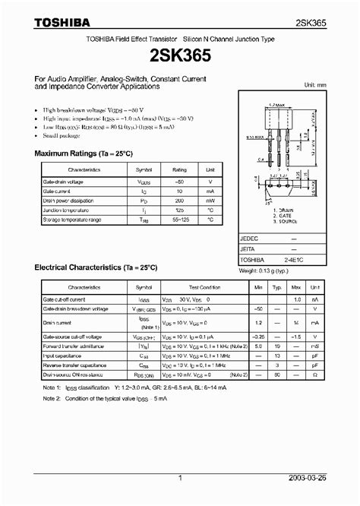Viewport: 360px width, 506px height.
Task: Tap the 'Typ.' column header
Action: pyautogui.click(x=297, y=288)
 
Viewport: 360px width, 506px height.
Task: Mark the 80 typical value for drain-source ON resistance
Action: pyautogui.click(x=297, y=375)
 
